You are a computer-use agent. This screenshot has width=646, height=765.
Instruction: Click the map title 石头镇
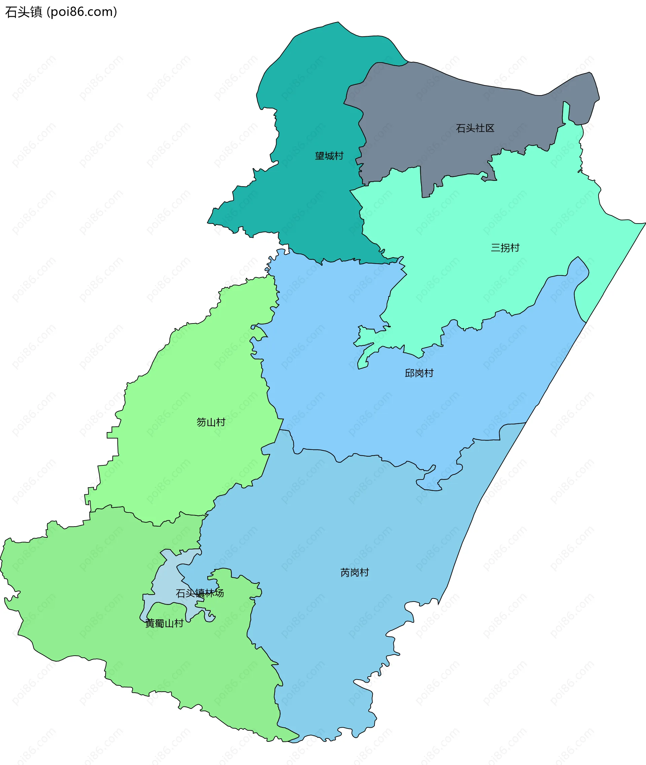click(x=24, y=12)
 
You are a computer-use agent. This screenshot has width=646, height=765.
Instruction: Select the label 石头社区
click(x=475, y=128)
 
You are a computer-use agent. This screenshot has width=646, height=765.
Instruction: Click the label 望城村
click(x=329, y=156)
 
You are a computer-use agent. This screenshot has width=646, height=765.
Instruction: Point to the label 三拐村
click(x=505, y=248)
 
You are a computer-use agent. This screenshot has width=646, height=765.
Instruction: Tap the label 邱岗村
click(x=419, y=373)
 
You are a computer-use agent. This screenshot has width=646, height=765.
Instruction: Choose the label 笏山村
click(x=211, y=422)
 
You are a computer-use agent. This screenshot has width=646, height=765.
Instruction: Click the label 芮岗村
click(x=355, y=572)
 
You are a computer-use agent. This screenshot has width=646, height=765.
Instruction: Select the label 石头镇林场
click(x=200, y=593)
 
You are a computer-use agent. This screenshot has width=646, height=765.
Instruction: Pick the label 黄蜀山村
click(x=165, y=623)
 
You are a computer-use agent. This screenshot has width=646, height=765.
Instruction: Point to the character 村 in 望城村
click(x=339, y=156)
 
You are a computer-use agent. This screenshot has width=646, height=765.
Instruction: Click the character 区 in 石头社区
click(x=490, y=128)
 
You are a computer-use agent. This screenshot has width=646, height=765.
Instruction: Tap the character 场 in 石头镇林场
click(x=219, y=593)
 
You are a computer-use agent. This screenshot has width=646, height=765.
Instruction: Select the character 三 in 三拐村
click(x=496, y=248)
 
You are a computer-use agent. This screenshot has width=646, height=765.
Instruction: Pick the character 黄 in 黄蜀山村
click(x=150, y=623)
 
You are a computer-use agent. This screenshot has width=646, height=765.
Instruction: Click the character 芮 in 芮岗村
click(x=345, y=572)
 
